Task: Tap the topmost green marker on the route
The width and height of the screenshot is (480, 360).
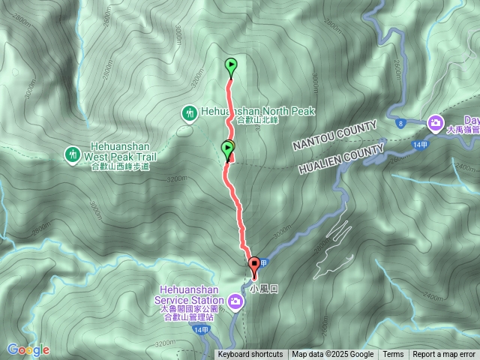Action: pyautogui.click(x=231, y=66)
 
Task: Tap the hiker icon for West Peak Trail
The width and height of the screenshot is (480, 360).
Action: pyautogui.click(x=72, y=154)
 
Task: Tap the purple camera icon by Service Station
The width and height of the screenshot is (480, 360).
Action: pyautogui.click(x=236, y=302)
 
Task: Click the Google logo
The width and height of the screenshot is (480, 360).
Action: pyautogui.click(x=28, y=349)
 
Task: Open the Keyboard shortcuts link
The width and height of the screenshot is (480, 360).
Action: pyautogui.click(x=250, y=355)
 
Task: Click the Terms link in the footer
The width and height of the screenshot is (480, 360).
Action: pyautogui.click(x=393, y=355)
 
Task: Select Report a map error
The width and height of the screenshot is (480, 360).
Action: pyautogui.click(x=444, y=355)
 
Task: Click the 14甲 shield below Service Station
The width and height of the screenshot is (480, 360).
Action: pyautogui.click(x=199, y=330)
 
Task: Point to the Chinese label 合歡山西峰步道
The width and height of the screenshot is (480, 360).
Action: pyautogui.click(x=120, y=167)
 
